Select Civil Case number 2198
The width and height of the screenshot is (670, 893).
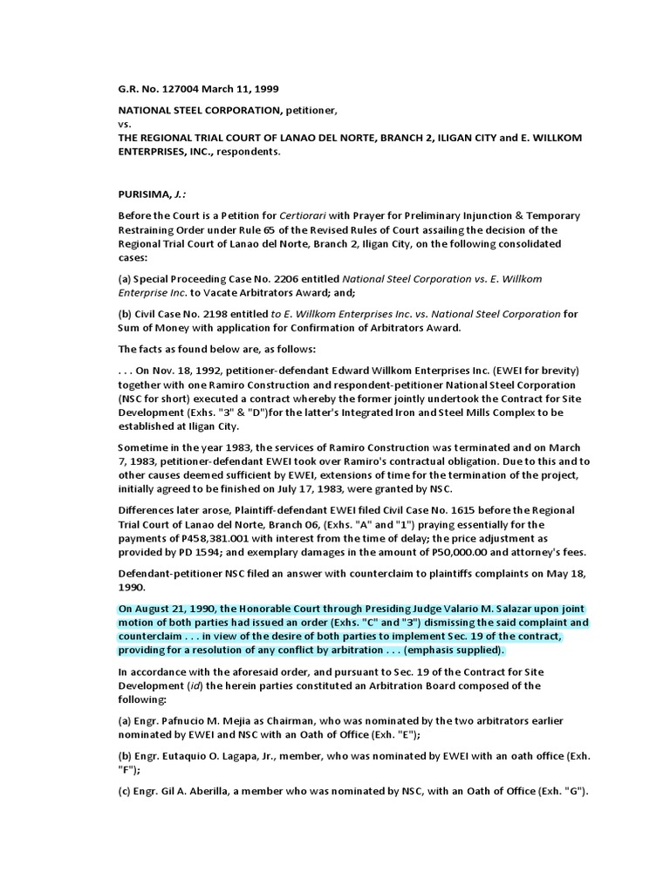(204, 313)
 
